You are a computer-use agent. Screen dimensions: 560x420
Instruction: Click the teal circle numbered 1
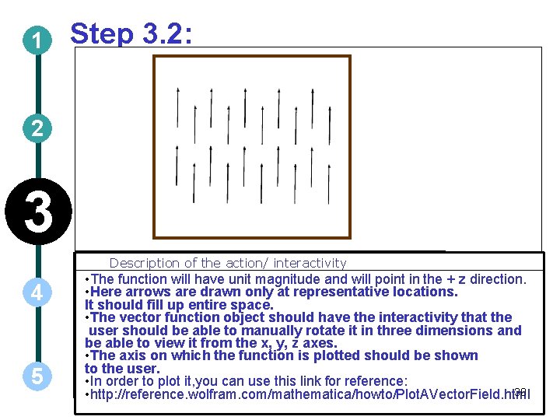tap(37, 40)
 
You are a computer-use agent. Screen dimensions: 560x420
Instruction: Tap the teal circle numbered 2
tap(37, 128)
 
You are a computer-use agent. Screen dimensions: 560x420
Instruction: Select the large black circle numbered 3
tap(38, 212)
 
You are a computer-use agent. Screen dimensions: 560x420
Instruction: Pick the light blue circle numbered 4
tap(37, 292)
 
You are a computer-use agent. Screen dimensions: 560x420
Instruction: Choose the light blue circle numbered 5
tap(37, 376)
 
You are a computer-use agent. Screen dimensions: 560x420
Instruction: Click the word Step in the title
tap(102, 34)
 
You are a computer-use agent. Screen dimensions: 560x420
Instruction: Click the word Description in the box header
tap(145, 264)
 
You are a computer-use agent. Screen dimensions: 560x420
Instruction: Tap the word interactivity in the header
tap(310, 263)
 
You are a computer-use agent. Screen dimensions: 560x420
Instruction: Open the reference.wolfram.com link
tap(310, 394)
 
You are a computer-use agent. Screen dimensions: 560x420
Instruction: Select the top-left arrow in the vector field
tap(177, 107)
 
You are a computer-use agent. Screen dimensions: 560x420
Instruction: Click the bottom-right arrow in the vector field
tap(329, 184)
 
